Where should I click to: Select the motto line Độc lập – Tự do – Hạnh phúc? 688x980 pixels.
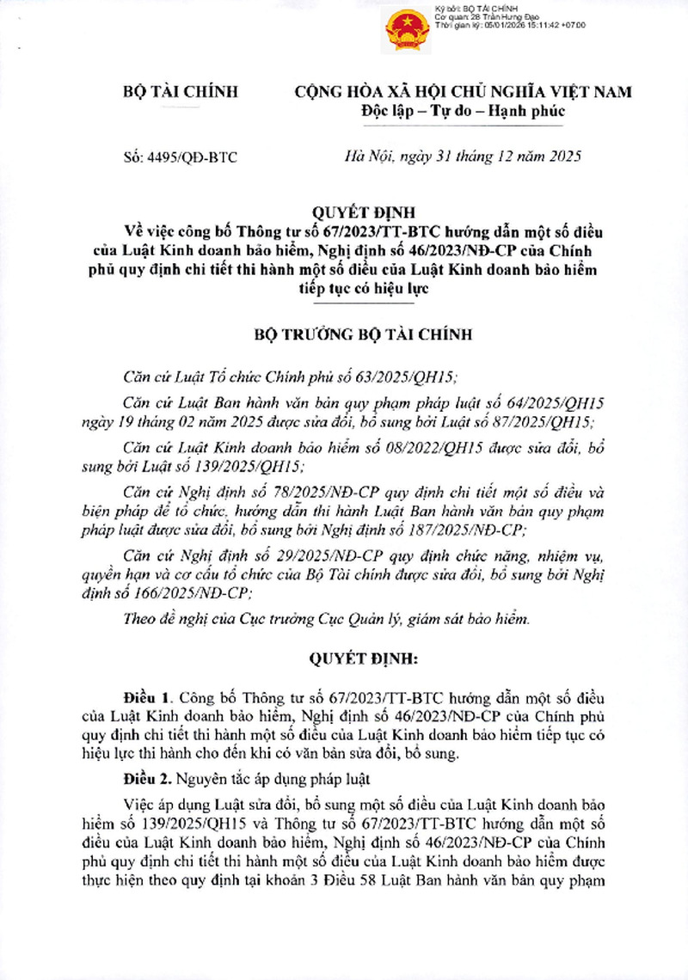point(463,112)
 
